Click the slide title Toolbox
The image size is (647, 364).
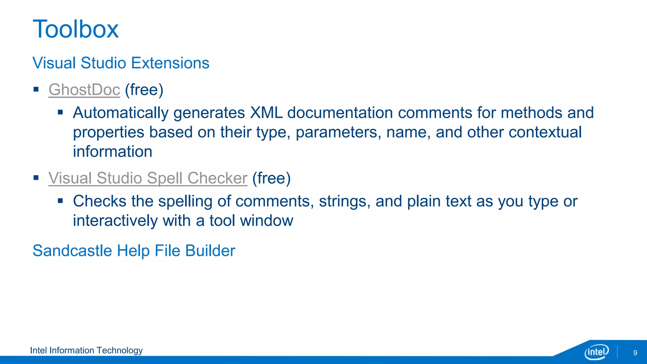[x=76, y=29]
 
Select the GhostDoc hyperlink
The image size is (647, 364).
[x=84, y=90]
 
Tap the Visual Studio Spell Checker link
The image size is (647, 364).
[x=148, y=178]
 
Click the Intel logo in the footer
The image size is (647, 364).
[x=596, y=352]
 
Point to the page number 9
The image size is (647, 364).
[x=635, y=353]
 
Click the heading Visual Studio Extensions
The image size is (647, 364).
[x=121, y=63]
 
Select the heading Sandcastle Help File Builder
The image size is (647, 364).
[x=134, y=251]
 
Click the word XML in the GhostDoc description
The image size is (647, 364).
[x=266, y=113]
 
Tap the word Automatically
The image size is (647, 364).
[x=121, y=113]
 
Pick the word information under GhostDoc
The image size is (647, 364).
[x=112, y=152]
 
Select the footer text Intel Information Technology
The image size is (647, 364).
[x=86, y=350]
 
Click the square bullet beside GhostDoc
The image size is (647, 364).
[x=36, y=89]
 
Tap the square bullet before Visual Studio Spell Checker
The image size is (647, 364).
[x=36, y=178]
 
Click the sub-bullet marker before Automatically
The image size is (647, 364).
[x=60, y=112]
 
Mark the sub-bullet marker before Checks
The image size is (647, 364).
[x=60, y=201]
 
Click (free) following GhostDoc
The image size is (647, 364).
[x=144, y=90]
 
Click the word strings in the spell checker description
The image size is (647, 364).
[x=345, y=202]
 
